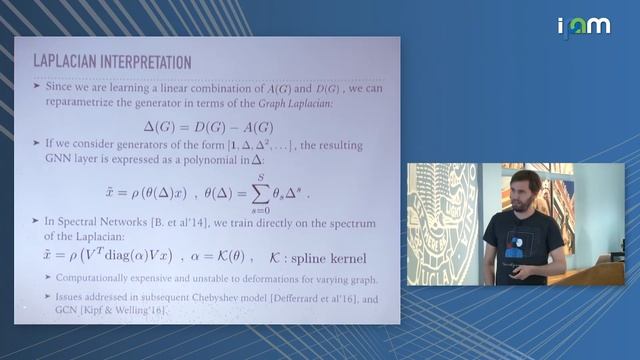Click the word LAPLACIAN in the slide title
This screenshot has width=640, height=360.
[x=67, y=61]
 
